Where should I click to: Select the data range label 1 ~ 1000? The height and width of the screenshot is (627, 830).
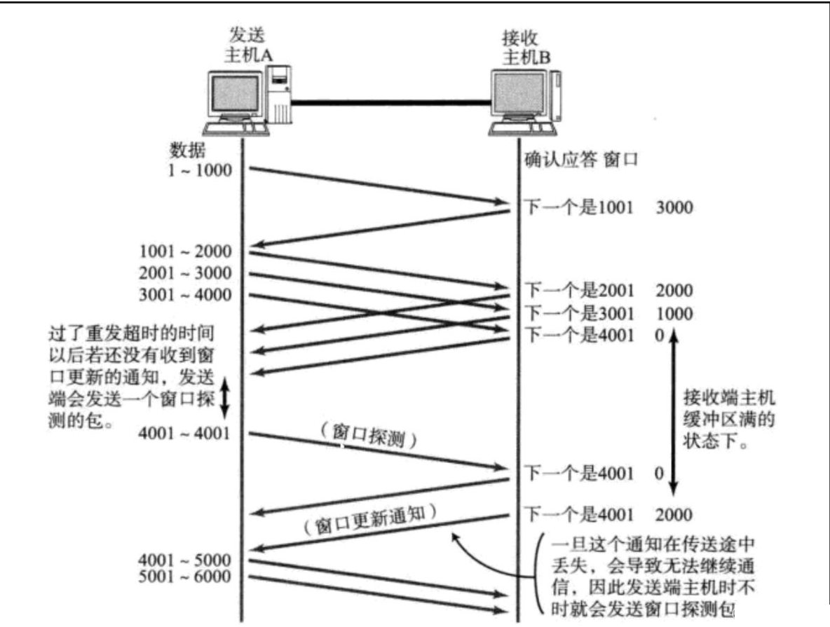pyautogui.click(x=199, y=170)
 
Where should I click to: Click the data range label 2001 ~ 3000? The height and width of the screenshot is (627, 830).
pyautogui.click(x=185, y=273)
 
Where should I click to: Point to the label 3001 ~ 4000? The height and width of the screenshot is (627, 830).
pyautogui.click(x=185, y=295)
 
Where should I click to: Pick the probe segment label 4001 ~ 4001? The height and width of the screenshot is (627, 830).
pyautogui.click(x=185, y=432)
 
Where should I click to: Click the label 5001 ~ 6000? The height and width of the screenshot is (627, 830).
pyautogui.click(x=185, y=577)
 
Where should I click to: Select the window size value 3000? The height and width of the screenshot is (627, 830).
pyautogui.click(x=675, y=207)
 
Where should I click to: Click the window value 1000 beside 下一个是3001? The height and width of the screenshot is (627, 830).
pyautogui.click(x=675, y=313)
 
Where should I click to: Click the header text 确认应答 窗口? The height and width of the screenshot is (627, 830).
pyautogui.click(x=579, y=160)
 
